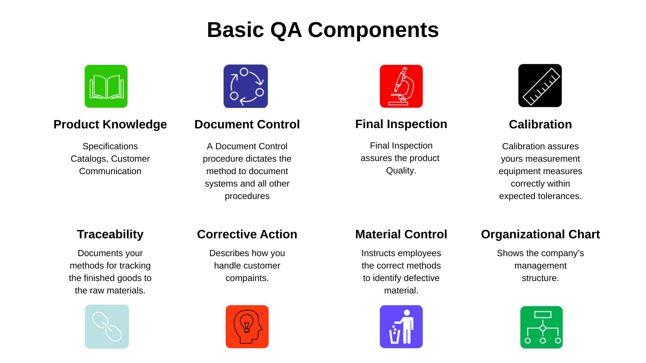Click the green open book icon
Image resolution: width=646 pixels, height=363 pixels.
106,86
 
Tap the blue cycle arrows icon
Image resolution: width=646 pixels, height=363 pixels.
246,86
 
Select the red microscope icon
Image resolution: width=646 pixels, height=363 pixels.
401,86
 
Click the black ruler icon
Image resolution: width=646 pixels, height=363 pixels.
540,86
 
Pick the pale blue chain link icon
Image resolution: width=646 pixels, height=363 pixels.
107,327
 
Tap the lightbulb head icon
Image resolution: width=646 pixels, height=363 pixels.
247,327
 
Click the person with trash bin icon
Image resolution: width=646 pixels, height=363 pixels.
401,327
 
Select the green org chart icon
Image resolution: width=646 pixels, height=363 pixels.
541,327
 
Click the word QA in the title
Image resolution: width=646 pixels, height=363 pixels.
286,30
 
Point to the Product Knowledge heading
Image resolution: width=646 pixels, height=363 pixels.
110,124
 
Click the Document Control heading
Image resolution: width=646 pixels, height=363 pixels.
247,124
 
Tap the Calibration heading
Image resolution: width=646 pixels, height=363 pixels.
540,124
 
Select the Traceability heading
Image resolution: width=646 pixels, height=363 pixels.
110,234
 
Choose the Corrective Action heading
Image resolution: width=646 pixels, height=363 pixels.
247,234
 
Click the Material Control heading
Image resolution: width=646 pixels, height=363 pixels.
401,234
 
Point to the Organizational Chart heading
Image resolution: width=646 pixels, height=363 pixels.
540,234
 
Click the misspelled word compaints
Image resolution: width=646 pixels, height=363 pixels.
247,278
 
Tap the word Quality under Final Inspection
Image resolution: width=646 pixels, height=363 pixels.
400,171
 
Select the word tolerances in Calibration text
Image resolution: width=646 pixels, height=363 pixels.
560,196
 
